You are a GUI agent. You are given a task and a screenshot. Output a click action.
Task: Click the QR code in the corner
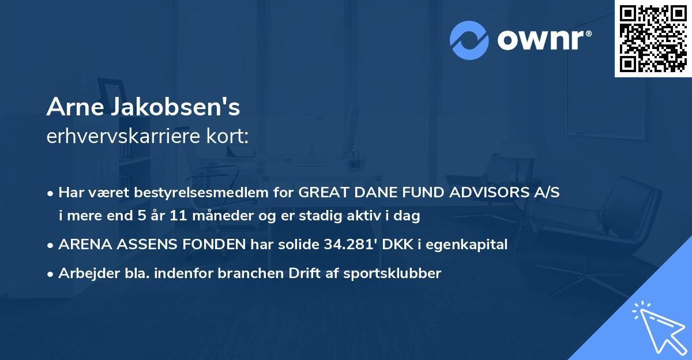click(653, 39)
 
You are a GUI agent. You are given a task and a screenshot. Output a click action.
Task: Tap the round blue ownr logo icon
click(469, 40)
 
